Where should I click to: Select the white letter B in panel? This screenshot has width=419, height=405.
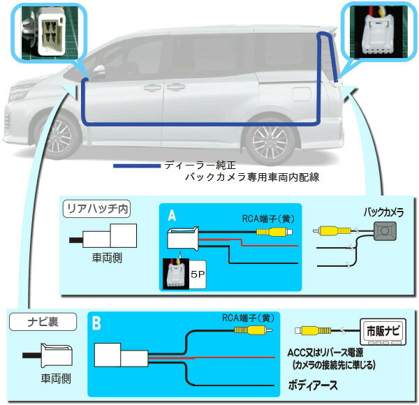98,324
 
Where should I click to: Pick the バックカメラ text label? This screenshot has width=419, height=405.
385,211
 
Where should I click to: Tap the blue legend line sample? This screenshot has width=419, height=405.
136,166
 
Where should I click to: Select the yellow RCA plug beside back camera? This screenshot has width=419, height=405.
333,230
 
